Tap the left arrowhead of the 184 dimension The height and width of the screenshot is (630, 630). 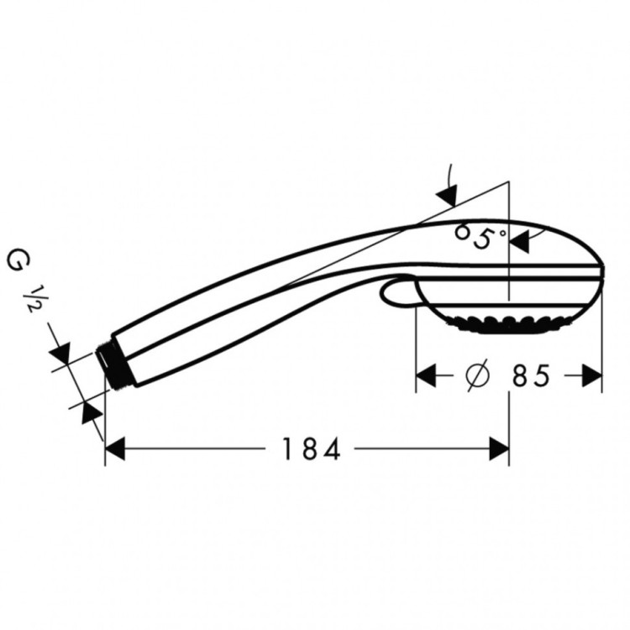click(x=115, y=449)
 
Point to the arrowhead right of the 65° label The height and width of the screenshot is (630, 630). click(x=520, y=242)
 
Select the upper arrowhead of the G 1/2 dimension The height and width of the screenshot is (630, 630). click(x=60, y=352)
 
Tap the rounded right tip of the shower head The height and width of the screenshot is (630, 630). click(x=601, y=272)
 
